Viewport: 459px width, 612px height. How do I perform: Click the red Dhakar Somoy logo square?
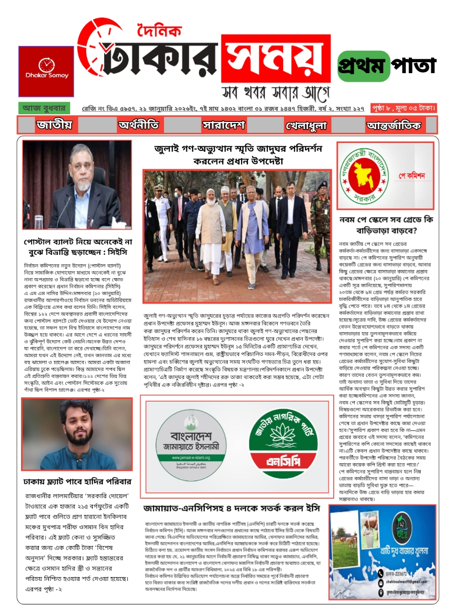[46, 71]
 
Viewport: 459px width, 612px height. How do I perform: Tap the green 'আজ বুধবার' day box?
[44, 108]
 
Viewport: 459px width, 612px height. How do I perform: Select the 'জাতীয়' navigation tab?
[54, 125]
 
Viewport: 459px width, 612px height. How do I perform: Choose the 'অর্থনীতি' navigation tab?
[139, 125]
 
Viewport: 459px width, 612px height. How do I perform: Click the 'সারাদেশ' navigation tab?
[224, 125]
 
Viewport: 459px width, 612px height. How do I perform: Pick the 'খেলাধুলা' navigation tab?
[306, 126]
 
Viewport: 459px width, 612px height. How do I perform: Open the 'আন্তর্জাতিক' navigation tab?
[393, 126]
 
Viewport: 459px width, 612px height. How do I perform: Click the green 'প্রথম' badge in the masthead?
[362, 66]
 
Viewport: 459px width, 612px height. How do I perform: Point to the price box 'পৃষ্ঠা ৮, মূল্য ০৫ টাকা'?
[404, 109]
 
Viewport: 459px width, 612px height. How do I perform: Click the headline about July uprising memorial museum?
[238, 154]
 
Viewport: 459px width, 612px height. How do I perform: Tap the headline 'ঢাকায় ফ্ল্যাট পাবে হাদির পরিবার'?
[77, 481]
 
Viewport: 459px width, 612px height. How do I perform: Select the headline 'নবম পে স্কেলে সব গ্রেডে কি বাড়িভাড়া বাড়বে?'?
[385, 225]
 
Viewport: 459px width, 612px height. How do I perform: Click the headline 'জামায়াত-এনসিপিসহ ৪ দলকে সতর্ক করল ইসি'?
[231, 508]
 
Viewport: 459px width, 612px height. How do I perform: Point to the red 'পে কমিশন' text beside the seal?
[412, 176]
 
